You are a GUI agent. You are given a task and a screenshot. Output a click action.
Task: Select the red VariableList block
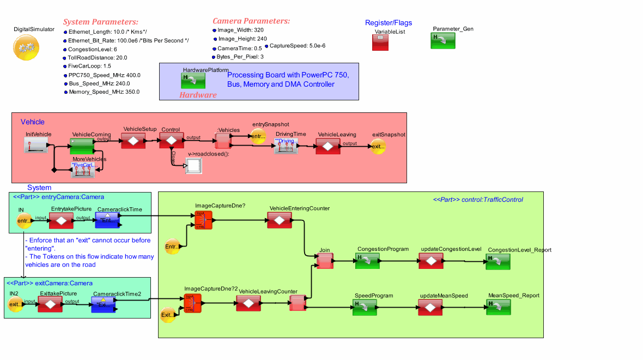click(380, 43)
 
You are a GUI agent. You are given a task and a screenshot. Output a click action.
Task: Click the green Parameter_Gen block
click(442, 40)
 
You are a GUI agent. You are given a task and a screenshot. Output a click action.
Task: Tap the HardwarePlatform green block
click(193, 81)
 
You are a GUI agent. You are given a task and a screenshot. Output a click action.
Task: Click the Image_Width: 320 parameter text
click(240, 31)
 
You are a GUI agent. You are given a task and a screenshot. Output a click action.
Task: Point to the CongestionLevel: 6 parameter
click(93, 49)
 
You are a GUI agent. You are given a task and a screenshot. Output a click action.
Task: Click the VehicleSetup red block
click(132, 140)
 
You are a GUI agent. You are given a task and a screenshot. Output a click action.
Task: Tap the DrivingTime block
click(287, 145)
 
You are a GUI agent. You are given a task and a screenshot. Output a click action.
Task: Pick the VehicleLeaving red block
click(327, 146)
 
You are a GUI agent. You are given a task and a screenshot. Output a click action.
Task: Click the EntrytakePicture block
click(61, 221)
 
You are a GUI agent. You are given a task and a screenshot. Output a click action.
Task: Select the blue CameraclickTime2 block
click(104, 305)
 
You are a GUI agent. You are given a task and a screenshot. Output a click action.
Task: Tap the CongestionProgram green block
click(367, 261)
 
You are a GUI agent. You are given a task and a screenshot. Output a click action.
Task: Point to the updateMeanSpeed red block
click(431, 307)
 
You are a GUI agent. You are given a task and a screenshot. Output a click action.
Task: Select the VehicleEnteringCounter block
click(279, 220)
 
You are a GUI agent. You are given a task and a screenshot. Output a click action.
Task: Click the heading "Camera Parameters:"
click(251, 21)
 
